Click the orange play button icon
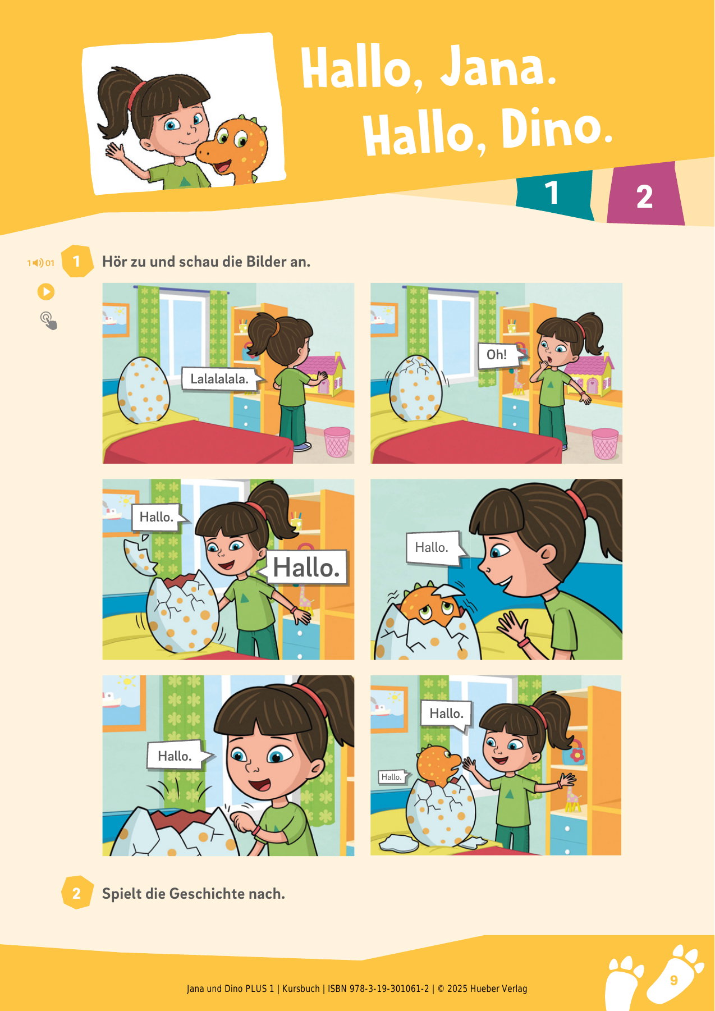coord(46,292)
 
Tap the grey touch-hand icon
coord(49,321)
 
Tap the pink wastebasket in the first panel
coord(337,442)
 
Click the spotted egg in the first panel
coord(143,390)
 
